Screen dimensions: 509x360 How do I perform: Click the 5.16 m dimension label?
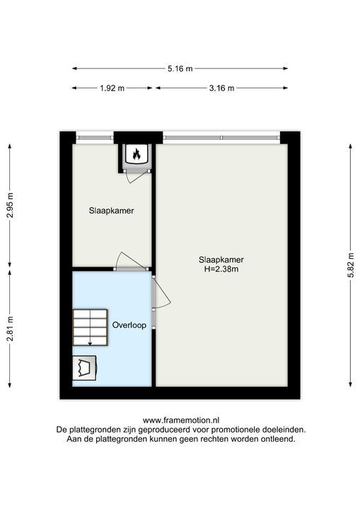[x=180, y=69]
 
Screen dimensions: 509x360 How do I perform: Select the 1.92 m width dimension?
[x=112, y=88]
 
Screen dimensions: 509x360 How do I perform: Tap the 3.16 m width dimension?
[x=221, y=88]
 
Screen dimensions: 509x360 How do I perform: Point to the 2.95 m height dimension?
[x=10, y=205]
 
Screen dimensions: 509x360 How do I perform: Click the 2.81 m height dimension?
[x=10, y=327]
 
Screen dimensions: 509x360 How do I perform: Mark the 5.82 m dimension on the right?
[x=350, y=265]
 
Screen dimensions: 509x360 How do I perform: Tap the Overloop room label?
[x=129, y=325]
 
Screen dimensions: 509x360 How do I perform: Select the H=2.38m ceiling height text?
[x=221, y=269]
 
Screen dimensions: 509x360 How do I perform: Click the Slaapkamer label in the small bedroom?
[x=111, y=211]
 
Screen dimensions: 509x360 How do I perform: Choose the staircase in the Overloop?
[x=90, y=327]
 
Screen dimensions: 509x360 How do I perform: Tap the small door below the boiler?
[x=132, y=175]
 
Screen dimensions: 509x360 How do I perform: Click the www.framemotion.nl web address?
[x=180, y=419]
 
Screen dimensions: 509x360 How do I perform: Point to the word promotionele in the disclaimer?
[x=223, y=429]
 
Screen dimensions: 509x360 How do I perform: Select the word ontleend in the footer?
[x=277, y=439]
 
